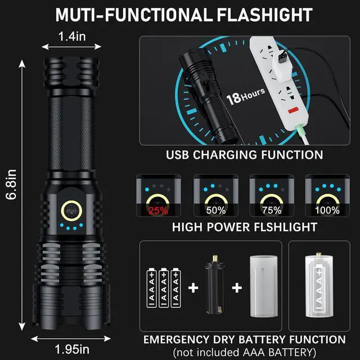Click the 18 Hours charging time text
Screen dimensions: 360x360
[x=245, y=100]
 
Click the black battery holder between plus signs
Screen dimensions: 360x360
[x=213, y=288]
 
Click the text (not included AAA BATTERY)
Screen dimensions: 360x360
[x=243, y=352]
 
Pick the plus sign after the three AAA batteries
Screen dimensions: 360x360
[x=193, y=289]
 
